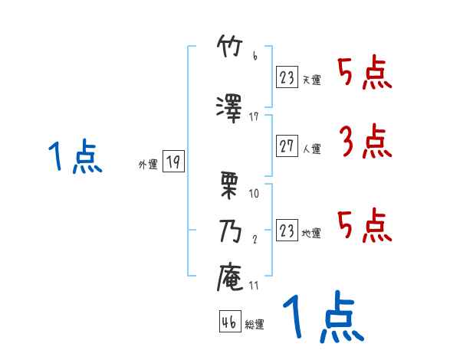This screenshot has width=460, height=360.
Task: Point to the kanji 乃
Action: coord(231,231)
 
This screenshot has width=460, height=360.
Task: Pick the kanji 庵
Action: coord(231,277)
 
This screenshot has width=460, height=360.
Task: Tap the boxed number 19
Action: coord(172,162)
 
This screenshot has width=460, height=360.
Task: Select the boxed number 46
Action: coord(229,322)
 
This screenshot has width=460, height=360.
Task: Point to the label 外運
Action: coord(147,164)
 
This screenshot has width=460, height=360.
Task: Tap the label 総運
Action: coord(255,325)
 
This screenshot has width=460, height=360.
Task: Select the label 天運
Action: coord(312,78)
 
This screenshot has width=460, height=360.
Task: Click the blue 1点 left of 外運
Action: coord(75,159)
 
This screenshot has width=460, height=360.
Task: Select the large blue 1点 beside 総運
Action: coord(323,318)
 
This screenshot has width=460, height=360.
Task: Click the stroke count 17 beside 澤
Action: coord(255,116)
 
